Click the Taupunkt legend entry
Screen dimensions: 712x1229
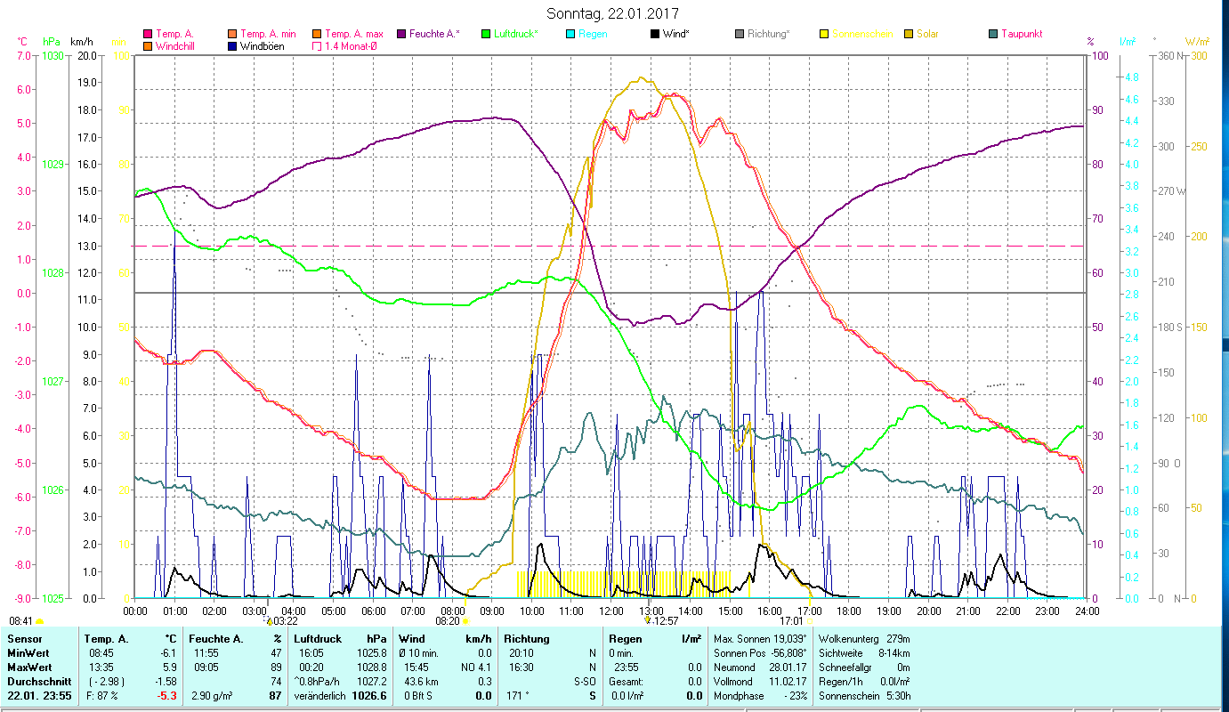pyautogui.click(x=1021, y=34)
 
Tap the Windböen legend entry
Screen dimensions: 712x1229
pyautogui.click(x=262, y=45)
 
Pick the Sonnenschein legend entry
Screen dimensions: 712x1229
pyautogui.click(x=862, y=34)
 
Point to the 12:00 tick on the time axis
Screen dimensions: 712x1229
pyautogui.click(x=611, y=611)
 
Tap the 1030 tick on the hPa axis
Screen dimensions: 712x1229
pyautogui.click(x=53, y=55)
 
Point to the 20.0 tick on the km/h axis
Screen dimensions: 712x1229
pyautogui.click(x=86, y=55)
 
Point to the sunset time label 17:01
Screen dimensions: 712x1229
pyautogui.click(x=792, y=620)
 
